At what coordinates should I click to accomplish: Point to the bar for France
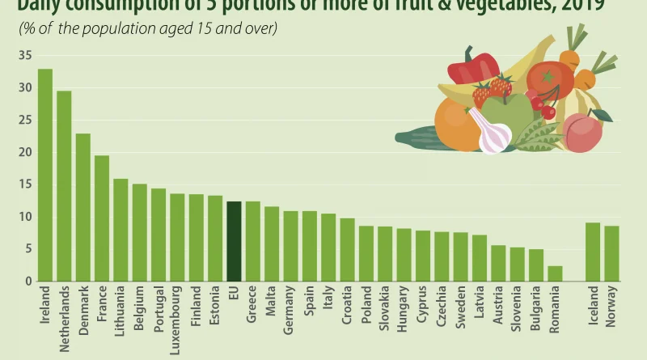coord(102,218)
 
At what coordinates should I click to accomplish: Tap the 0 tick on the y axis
coord(27,282)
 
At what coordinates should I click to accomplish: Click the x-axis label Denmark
coord(83,307)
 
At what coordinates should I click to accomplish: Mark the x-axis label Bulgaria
coord(535,308)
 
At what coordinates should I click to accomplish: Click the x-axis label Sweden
coord(460,305)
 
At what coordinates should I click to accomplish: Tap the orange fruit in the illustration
coord(457,125)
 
